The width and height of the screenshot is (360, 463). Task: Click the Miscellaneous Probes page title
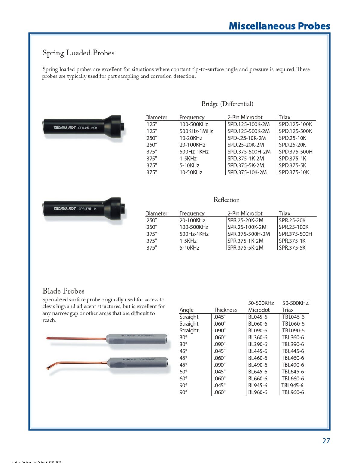tap(279, 26)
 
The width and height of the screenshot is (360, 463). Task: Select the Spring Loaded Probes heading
tap(78, 53)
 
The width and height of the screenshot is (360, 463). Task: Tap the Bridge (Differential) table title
tap(227, 104)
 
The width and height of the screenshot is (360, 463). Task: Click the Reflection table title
tap(227, 200)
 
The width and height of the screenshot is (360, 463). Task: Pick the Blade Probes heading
tap(63, 291)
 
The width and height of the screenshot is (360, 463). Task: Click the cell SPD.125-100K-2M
tap(248, 124)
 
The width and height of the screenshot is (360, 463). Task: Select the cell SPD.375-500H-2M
tap(249, 152)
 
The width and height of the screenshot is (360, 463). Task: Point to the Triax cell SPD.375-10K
tap(294, 172)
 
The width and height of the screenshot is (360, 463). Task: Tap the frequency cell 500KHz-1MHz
tap(196, 131)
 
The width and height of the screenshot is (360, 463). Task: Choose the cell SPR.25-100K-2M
tap(247, 227)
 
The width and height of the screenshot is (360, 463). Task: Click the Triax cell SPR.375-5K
tap(292, 248)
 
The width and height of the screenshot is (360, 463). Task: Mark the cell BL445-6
tap(257, 351)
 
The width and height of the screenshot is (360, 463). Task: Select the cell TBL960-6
tap(293, 392)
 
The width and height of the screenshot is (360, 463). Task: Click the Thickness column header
tap(225, 310)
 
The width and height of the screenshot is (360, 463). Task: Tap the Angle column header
tap(186, 310)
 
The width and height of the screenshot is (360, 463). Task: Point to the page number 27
tap(326, 441)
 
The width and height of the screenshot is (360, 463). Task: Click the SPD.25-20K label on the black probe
tap(88, 128)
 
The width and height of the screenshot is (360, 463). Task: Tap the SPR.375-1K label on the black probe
tap(87, 209)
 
